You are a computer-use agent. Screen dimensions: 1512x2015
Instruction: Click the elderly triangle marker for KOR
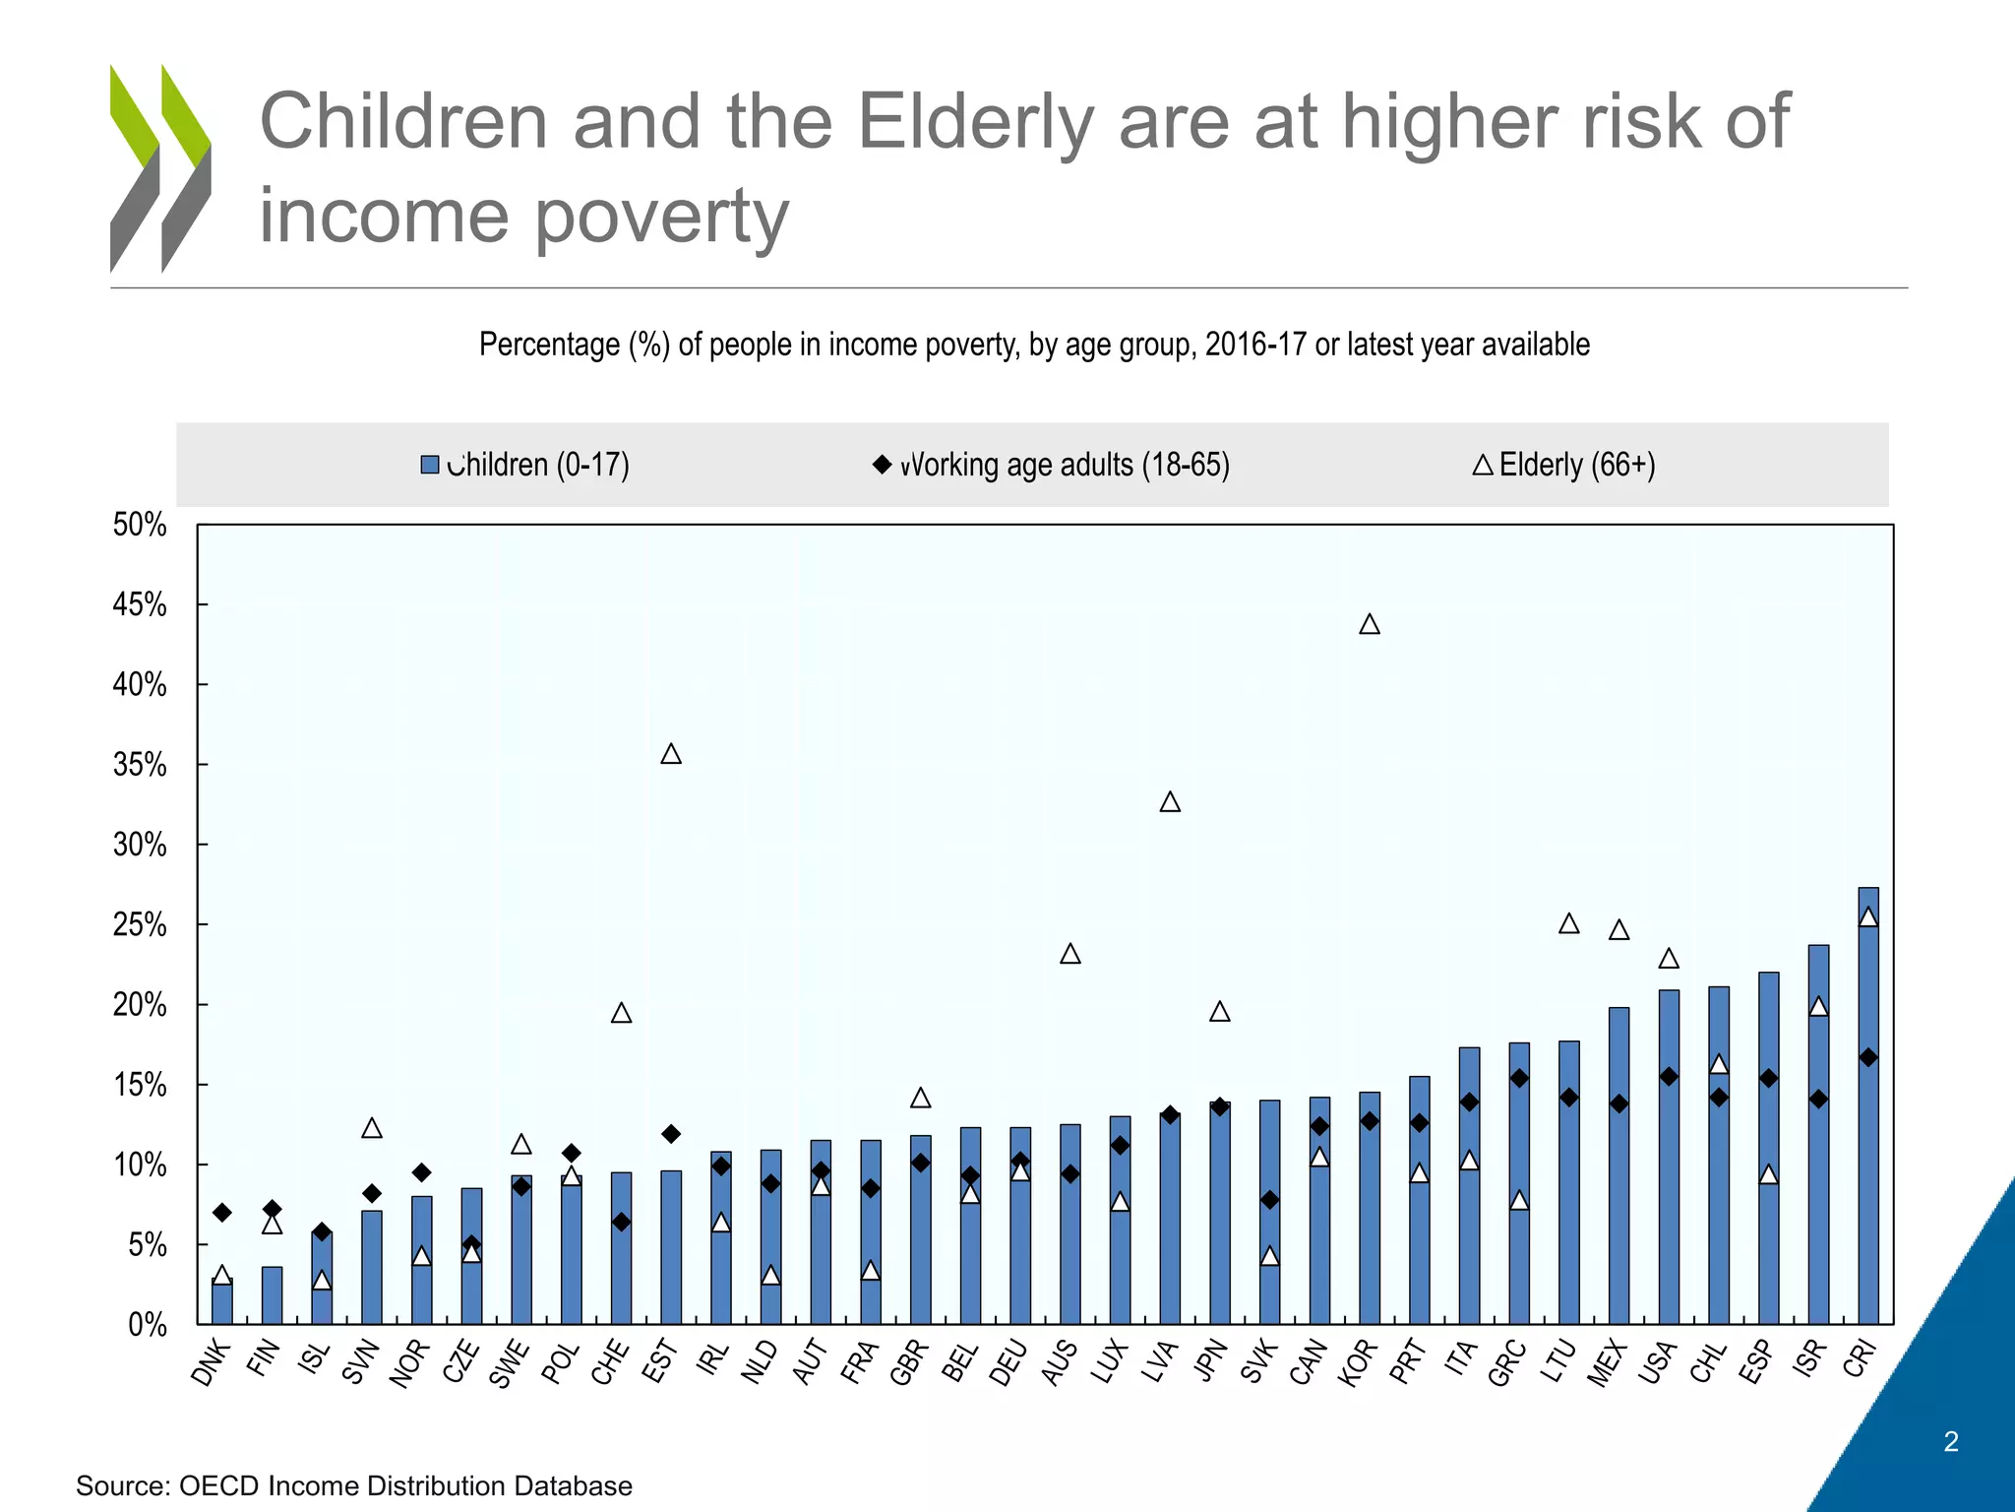pos(1369,625)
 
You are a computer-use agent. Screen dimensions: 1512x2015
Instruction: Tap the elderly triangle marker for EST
pos(671,755)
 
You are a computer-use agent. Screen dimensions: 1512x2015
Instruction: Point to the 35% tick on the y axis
pos(140,765)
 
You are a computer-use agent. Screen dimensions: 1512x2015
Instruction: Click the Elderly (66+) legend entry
pos(1564,465)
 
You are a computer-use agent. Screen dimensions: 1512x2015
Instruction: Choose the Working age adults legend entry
pos(1053,465)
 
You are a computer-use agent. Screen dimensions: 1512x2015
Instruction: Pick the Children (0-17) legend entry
pos(525,465)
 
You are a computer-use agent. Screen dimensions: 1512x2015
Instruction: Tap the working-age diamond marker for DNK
pos(222,1213)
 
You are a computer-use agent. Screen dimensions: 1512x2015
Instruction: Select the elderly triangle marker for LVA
pos(1170,803)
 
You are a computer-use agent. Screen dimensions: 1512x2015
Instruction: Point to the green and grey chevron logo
pos(160,168)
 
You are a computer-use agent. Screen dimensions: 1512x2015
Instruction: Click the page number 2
pos(1951,1442)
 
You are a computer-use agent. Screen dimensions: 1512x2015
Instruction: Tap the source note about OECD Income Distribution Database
pos(354,1485)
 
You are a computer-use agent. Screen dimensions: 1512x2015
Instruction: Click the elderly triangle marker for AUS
pos(1070,955)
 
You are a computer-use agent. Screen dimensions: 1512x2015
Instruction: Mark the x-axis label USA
pos(1658,1362)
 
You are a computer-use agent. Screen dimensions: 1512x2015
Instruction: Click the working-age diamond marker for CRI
pos(1868,1058)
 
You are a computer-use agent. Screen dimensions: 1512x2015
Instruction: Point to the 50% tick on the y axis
pos(140,525)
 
